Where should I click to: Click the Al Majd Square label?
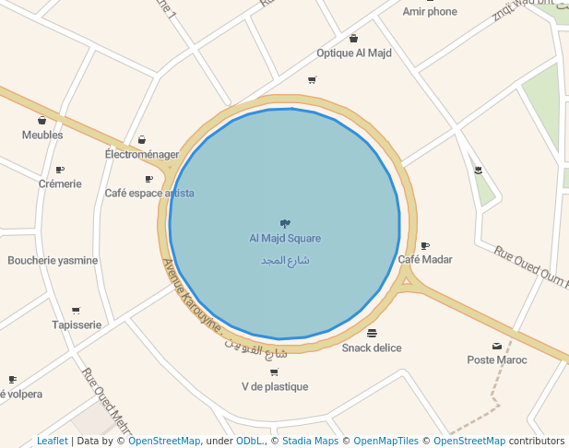(x=285, y=239)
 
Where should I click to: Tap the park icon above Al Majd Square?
(x=285, y=223)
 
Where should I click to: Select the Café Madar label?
(x=425, y=259)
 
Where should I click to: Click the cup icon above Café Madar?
(x=425, y=245)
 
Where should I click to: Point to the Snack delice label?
(x=372, y=348)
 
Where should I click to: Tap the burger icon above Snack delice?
(x=372, y=333)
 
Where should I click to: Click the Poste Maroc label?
(x=497, y=360)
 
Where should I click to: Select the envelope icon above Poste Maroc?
(x=497, y=346)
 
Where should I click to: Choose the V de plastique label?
(x=275, y=386)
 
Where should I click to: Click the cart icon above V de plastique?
(x=274, y=372)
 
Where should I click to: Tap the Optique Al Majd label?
(x=354, y=53)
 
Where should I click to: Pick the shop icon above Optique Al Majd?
(x=354, y=39)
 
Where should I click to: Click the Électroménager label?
(x=142, y=155)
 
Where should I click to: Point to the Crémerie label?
(x=60, y=183)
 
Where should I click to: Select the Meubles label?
(x=42, y=135)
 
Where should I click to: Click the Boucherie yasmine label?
(x=53, y=260)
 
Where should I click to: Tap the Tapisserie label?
(x=77, y=324)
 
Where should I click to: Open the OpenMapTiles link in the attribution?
(x=385, y=442)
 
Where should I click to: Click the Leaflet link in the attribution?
(x=53, y=442)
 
